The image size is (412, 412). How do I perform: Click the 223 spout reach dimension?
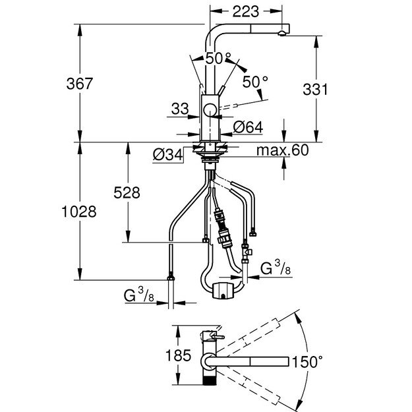(x=246, y=10)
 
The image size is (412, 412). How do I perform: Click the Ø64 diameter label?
(x=247, y=126)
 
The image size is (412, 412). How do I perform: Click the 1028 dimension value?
(x=82, y=212)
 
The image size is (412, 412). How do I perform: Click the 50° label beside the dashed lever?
(x=255, y=82)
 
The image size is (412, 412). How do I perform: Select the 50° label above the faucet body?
(x=218, y=58)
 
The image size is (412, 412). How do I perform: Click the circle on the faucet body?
(x=210, y=110)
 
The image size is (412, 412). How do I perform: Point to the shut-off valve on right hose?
(x=247, y=250)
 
